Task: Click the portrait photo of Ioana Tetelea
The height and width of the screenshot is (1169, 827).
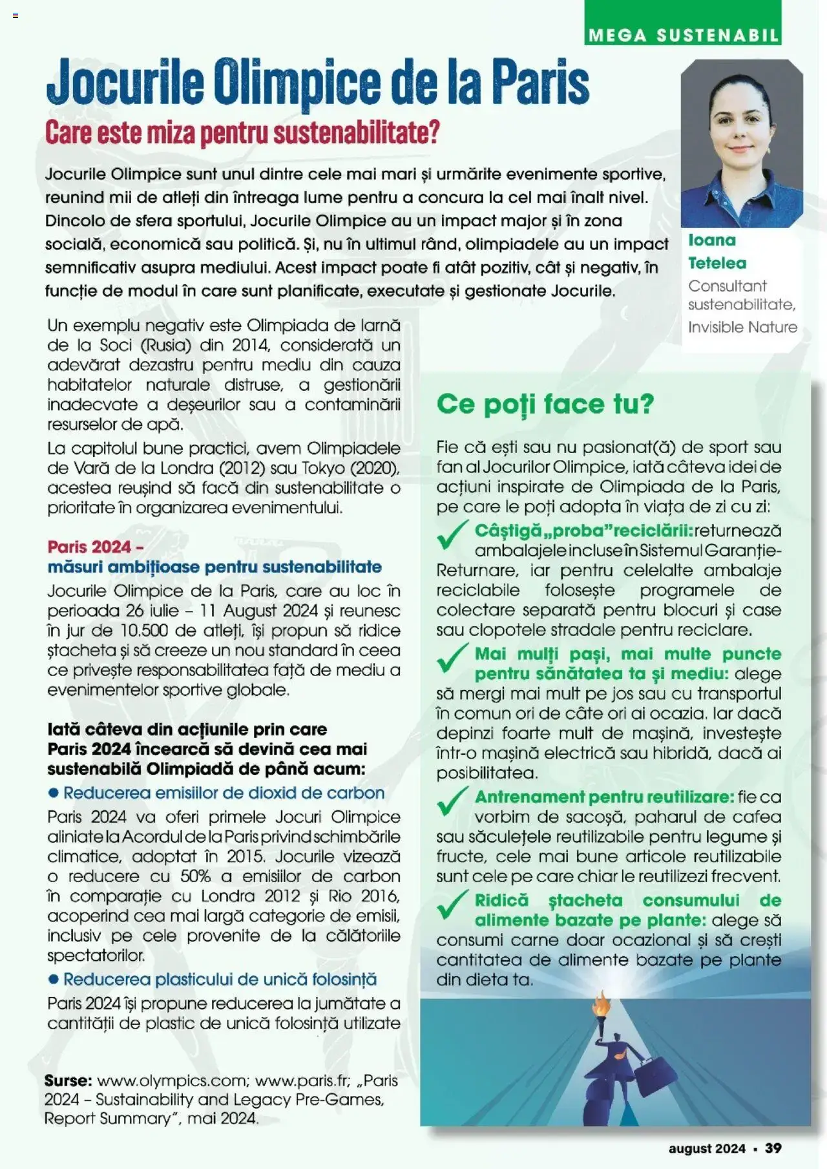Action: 742,143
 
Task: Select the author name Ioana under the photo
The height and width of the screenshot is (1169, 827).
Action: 711,240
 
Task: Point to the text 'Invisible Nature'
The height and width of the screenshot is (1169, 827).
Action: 742,327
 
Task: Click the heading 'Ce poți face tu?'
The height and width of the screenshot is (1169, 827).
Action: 545,404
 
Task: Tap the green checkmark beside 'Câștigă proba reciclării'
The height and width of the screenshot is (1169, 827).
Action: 452,535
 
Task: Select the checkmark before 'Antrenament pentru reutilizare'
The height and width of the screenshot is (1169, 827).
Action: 452,801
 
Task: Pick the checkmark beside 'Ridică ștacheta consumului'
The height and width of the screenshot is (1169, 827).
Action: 452,905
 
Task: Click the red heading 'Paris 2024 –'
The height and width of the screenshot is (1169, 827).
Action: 95,547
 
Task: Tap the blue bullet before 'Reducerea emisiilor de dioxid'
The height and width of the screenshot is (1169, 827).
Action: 54,793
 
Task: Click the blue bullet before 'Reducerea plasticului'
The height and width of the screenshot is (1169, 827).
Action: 54,980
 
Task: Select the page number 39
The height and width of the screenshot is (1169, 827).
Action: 773,1148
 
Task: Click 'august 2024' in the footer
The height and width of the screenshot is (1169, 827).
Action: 707,1148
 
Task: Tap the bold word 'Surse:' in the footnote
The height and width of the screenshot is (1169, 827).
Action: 68,1080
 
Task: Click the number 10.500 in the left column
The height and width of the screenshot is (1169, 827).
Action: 138,631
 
